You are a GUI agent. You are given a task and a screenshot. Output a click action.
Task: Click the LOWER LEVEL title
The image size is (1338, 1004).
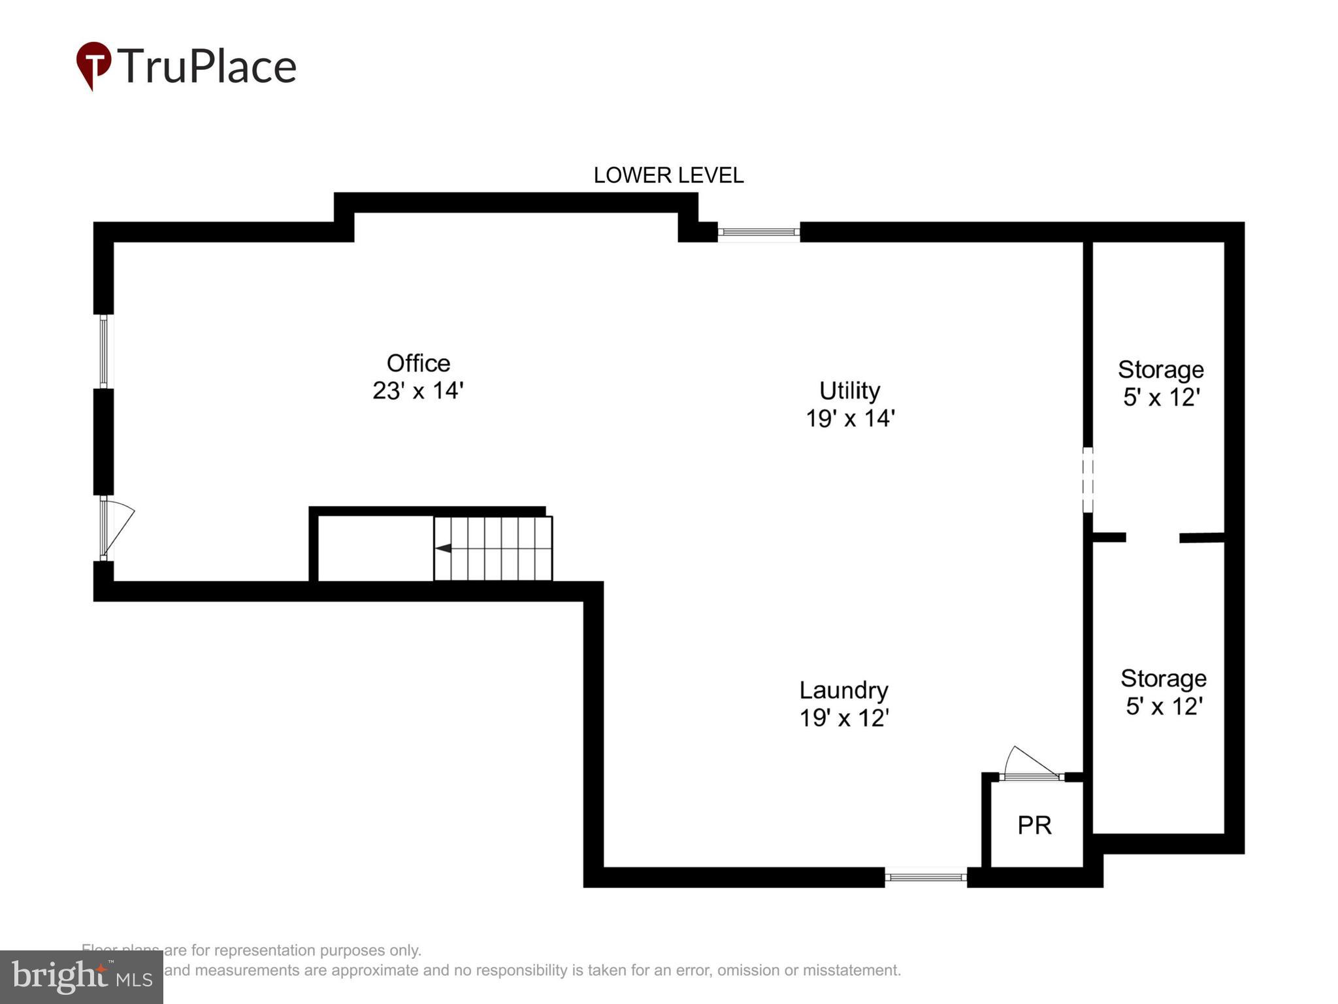[668, 175]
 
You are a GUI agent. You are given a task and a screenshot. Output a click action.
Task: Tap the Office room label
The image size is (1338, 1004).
[418, 363]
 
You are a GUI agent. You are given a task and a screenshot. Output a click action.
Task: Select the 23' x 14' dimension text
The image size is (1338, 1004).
[418, 391]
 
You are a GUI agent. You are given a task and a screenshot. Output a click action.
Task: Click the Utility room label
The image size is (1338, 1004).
[849, 391]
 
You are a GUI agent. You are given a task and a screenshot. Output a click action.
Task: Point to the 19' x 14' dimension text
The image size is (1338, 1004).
[849, 418]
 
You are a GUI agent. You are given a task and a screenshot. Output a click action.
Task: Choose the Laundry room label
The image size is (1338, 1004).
[843, 690]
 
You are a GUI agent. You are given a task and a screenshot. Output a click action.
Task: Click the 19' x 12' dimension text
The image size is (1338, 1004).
[843, 718]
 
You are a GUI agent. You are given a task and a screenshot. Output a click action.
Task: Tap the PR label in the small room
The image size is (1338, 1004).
[1034, 826]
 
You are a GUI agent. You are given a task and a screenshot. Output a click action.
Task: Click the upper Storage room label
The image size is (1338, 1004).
[1160, 370]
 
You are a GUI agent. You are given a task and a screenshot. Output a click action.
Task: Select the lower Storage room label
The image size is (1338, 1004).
[1163, 678]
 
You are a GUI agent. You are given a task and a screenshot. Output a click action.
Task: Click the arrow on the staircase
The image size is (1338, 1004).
[444, 548]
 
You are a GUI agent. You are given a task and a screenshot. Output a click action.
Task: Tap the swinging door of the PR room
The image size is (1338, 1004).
[1030, 765]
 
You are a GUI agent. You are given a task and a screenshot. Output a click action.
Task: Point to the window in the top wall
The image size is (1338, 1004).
[759, 232]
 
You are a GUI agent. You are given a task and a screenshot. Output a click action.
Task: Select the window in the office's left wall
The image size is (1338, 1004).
[103, 352]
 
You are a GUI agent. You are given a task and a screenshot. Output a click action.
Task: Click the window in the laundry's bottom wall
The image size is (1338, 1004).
[926, 877]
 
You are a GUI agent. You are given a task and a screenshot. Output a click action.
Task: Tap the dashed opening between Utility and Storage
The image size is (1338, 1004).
[1087, 480]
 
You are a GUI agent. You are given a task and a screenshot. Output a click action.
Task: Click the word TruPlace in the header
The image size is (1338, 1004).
[206, 67]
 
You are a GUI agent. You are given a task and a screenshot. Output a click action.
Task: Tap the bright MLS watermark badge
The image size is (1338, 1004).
[82, 977]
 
